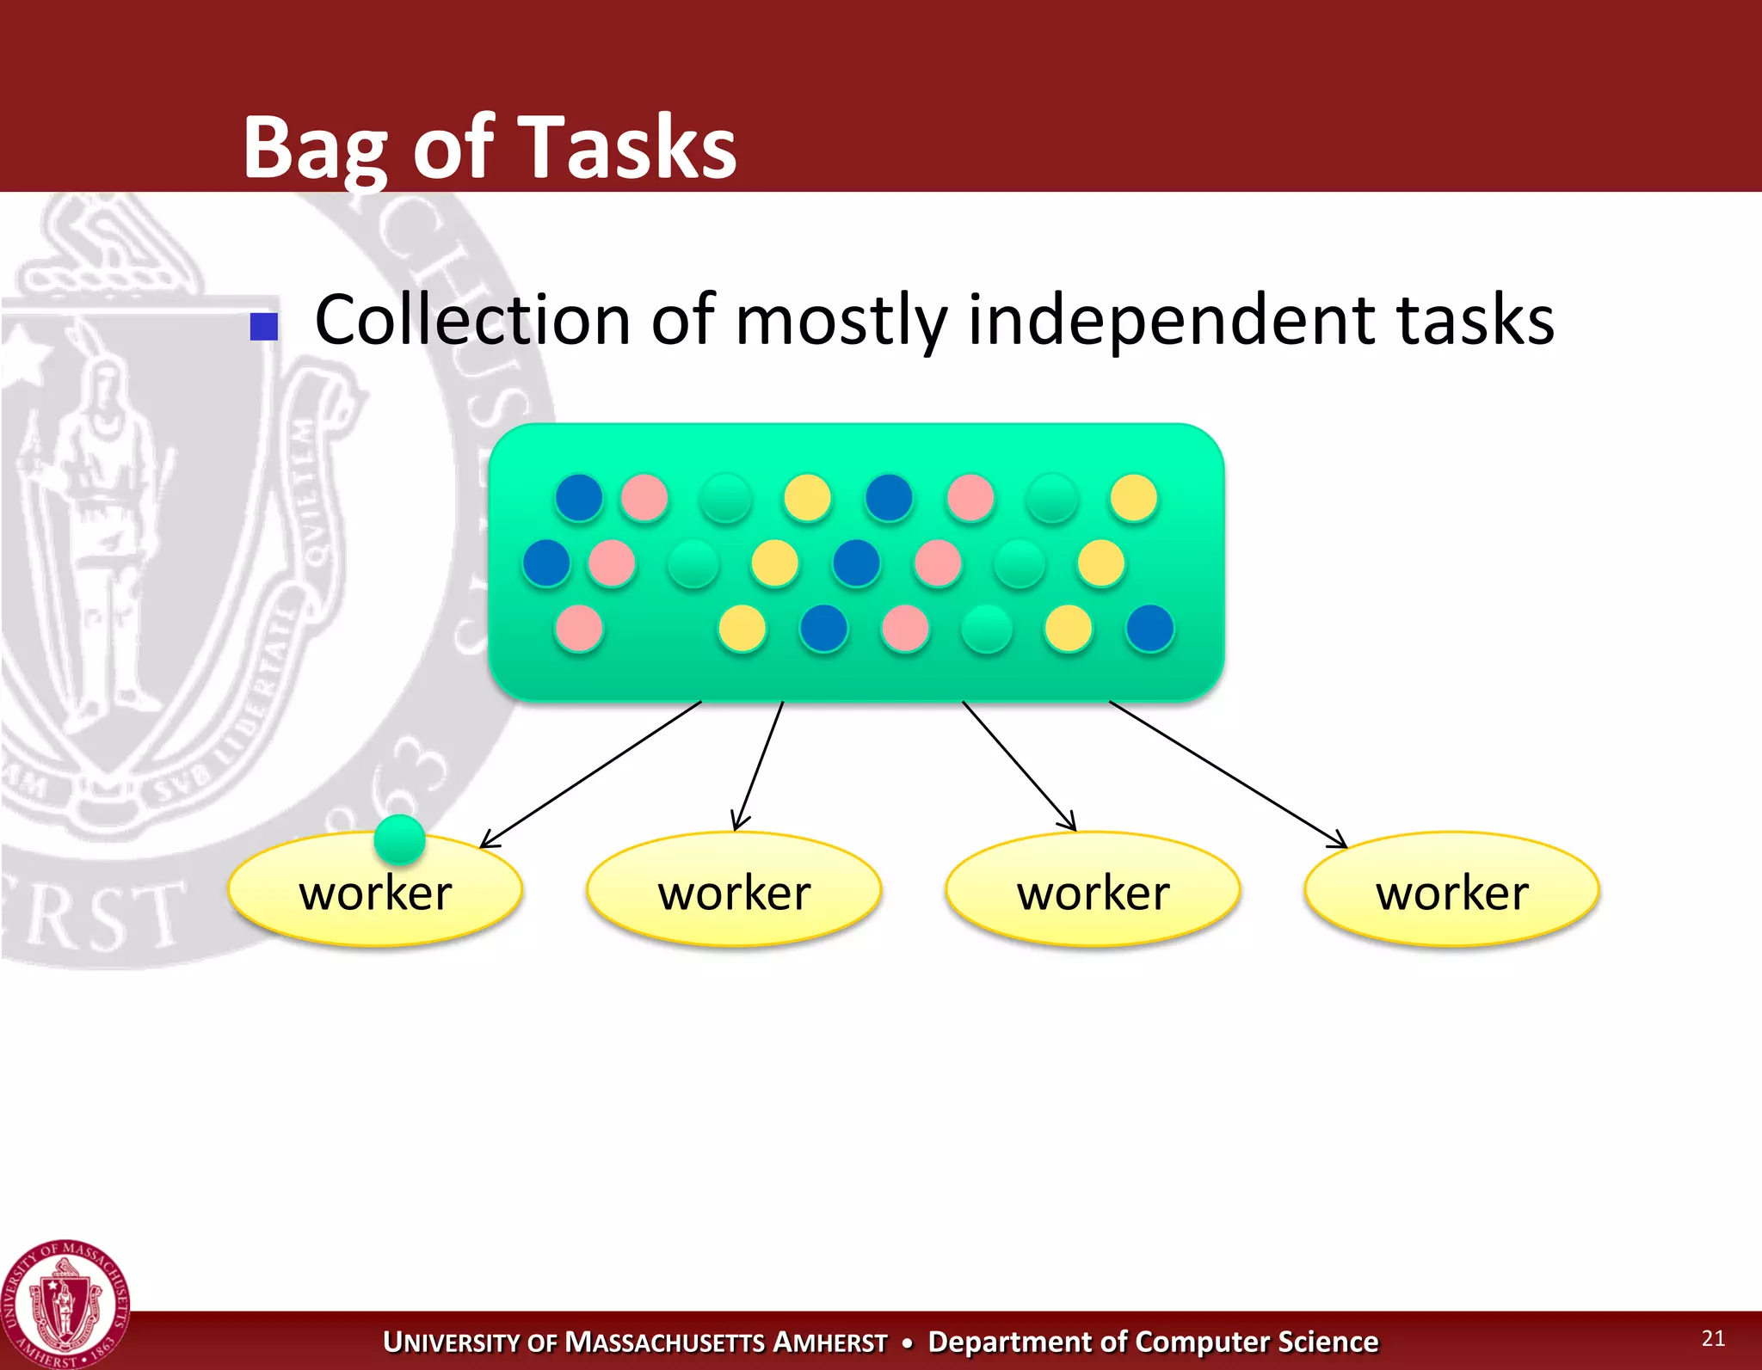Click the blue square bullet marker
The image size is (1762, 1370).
pos(263,327)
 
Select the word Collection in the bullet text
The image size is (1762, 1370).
pos(472,320)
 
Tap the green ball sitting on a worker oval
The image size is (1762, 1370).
pos(399,839)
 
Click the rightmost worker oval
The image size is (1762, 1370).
pos(1451,890)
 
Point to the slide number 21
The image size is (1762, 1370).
pos(1713,1338)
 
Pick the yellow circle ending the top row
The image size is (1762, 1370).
pos(1133,498)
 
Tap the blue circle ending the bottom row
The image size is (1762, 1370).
pos(1149,629)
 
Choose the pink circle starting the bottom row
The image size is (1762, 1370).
pos(579,629)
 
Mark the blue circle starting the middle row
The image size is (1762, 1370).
pos(546,563)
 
